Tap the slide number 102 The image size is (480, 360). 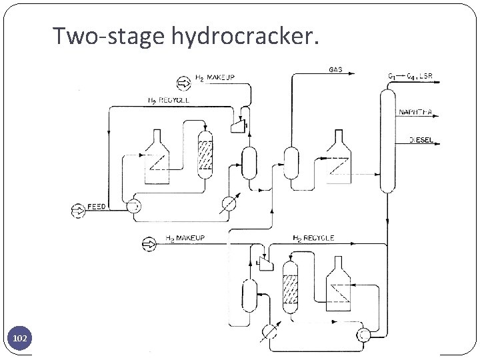[21, 339]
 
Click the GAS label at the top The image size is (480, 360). [337, 69]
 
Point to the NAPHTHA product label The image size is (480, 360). [417, 113]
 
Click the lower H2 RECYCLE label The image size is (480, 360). [313, 238]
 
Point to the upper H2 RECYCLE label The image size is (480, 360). [167, 100]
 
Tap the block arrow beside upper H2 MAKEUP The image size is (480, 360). [183, 83]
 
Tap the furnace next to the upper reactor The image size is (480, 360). [158, 155]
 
